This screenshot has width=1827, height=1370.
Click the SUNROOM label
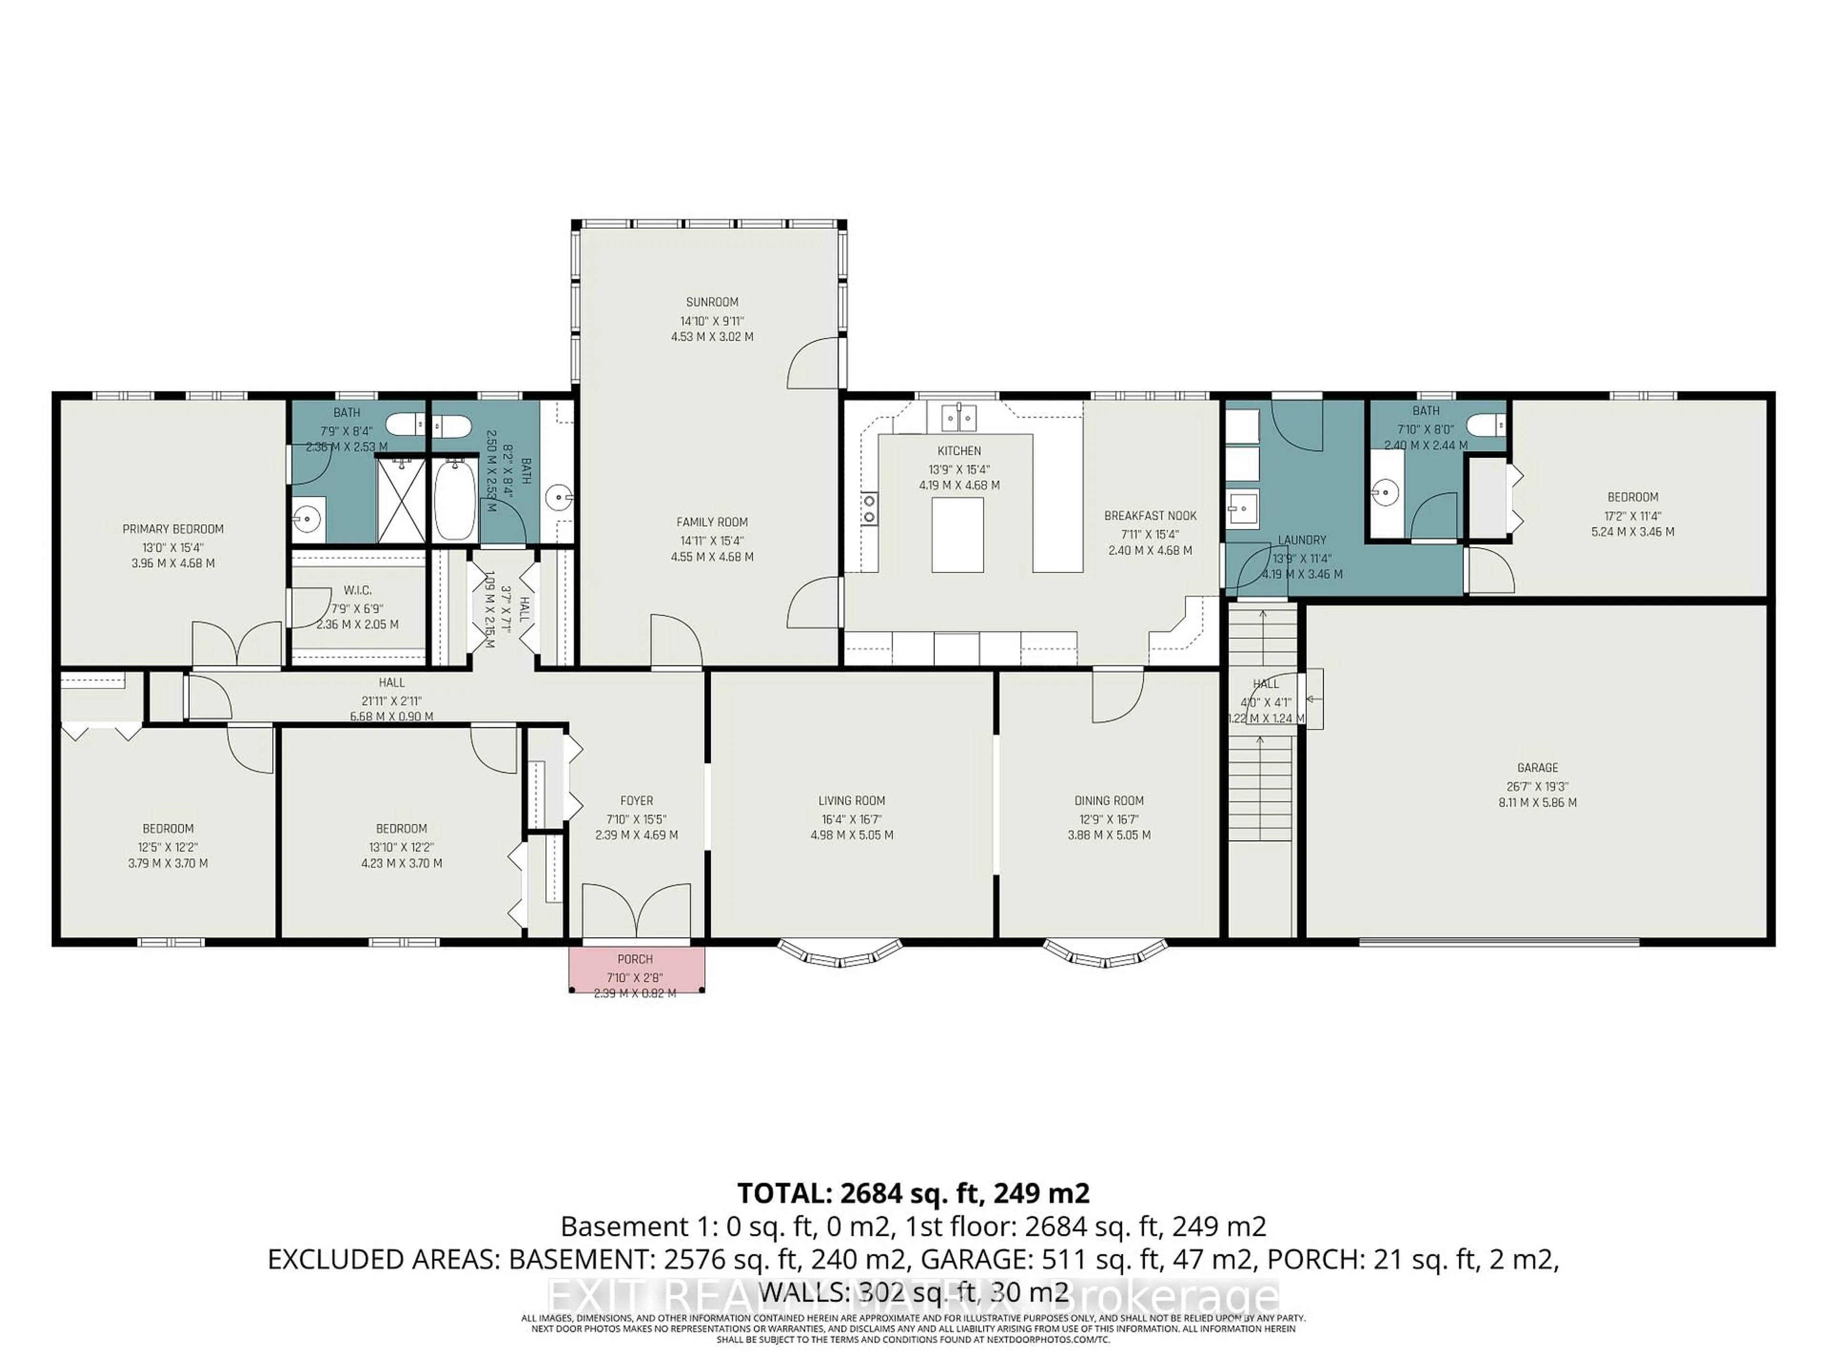click(x=711, y=302)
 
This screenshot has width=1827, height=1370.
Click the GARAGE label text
click(x=1537, y=768)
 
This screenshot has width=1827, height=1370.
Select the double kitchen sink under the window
click(x=959, y=417)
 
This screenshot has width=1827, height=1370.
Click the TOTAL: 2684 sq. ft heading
click(x=913, y=1193)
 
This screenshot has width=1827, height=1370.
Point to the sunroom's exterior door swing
click(x=814, y=363)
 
